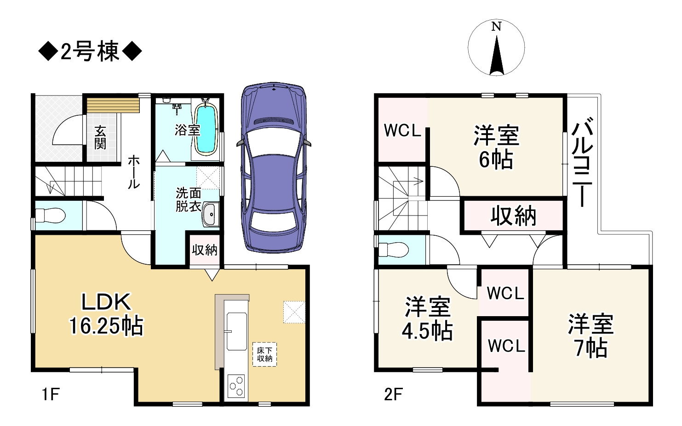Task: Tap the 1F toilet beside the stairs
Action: coord(50,216)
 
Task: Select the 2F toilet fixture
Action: coord(393,250)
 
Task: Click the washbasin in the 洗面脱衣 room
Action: coord(211,214)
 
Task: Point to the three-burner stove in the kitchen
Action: coord(236,387)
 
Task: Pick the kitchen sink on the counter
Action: coord(236,331)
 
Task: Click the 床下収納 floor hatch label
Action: coord(264,354)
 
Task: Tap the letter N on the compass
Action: coord(496,27)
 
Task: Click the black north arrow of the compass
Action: coord(497,56)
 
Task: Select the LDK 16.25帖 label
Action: coord(106,314)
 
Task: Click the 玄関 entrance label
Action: coord(100,137)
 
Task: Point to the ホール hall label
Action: coord(134,172)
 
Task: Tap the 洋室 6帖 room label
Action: coord(496,147)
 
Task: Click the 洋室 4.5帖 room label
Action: coord(428,318)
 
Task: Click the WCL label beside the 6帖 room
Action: coord(402,131)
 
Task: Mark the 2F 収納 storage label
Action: coord(513,216)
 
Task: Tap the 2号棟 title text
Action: coord(90,51)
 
